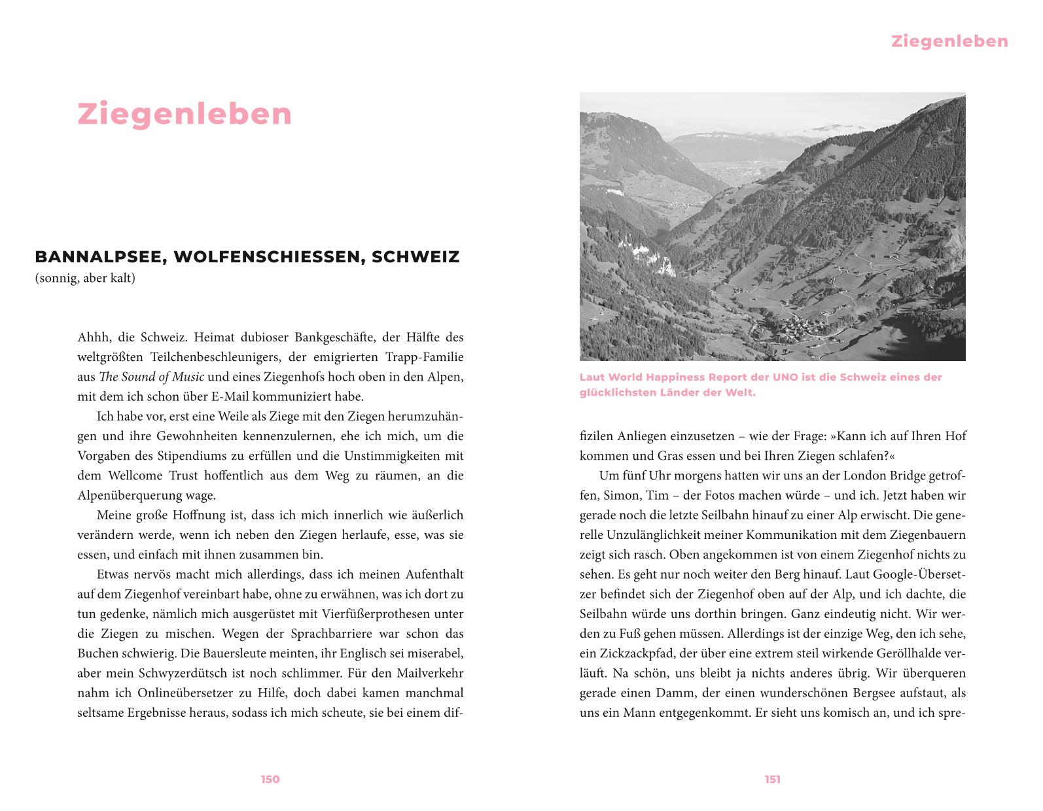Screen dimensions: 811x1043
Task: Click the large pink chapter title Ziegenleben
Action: (x=185, y=114)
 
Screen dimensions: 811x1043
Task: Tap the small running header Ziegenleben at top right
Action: (x=949, y=42)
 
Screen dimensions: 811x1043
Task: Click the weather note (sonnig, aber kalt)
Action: (x=85, y=279)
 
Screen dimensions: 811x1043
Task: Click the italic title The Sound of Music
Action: (x=151, y=377)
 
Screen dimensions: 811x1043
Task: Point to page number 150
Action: (x=270, y=779)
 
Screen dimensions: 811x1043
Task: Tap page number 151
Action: (x=773, y=779)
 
